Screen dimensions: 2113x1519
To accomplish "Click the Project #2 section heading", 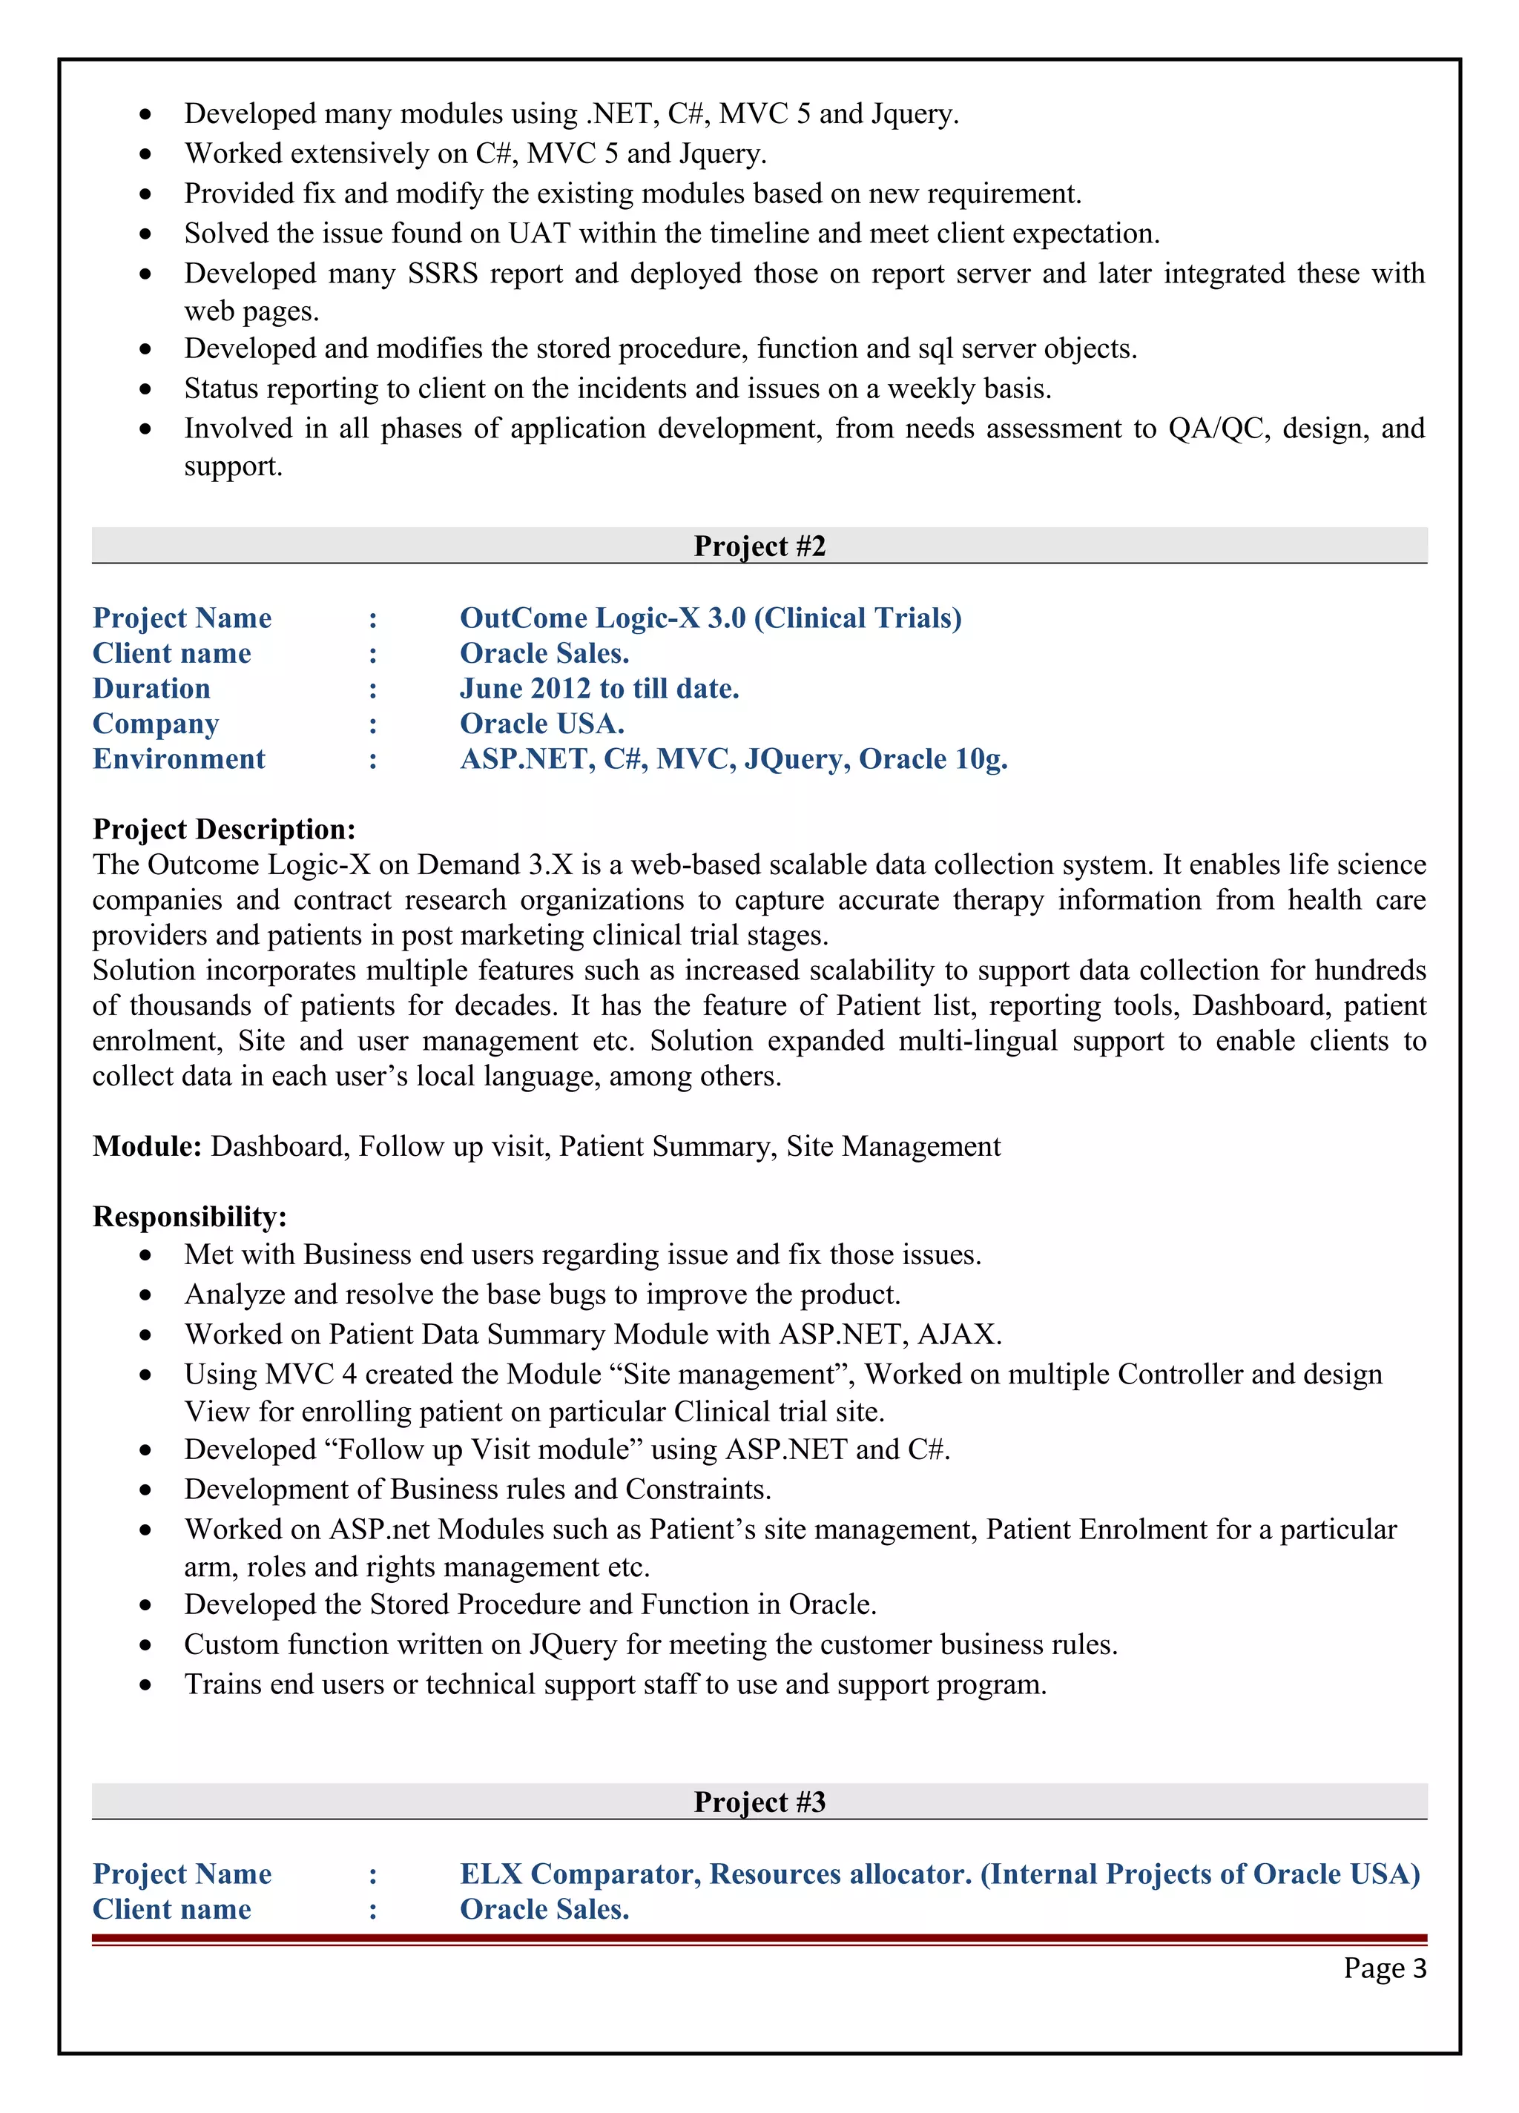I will tap(759, 546).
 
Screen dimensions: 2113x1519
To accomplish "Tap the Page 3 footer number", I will tap(1384, 1968).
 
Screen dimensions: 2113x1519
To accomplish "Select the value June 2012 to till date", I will tap(599, 689).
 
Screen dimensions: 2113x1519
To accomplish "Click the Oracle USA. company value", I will tap(541, 724).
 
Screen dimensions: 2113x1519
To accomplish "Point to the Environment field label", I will tap(179, 759).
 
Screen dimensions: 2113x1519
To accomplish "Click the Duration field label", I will tap(152, 689).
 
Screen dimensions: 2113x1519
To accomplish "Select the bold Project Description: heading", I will tap(224, 829).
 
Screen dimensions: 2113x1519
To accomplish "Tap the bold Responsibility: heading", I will tap(190, 1217).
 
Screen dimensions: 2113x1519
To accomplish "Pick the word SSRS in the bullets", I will tap(443, 273).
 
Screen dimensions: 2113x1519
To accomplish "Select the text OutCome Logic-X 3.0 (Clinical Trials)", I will tap(710, 618).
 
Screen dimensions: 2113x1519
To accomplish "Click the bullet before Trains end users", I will tap(145, 1685).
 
